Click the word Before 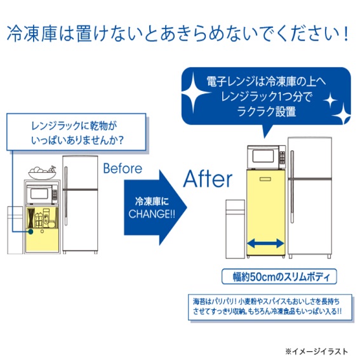pyautogui.click(x=122, y=169)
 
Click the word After pyautogui.click(x=208, y=180)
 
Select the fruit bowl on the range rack pyautogui.click(x=43, y=171)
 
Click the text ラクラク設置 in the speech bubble pyautogui.click(x=269, y=112)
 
